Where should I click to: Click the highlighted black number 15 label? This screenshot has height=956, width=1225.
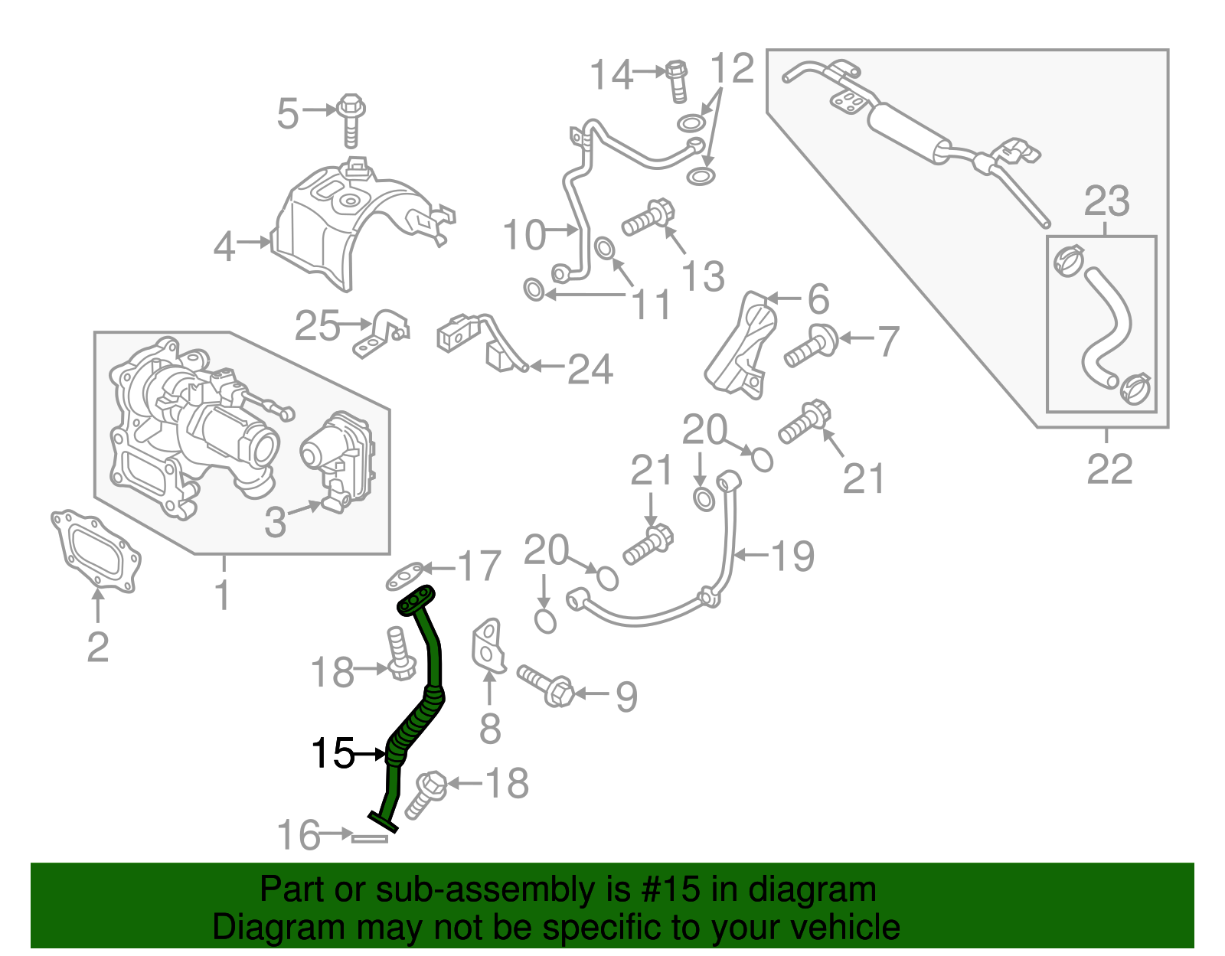(333, 754)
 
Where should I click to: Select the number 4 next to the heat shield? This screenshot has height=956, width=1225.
(224, 246)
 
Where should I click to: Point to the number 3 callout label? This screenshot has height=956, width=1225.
(275, 523)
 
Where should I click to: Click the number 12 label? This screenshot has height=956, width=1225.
(733, 69)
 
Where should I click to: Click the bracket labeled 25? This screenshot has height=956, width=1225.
(381, 334)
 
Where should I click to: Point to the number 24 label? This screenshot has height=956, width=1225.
(590, 370)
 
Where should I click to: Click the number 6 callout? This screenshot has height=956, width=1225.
(818, 299)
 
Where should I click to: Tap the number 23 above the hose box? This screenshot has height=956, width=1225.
(1106, 201)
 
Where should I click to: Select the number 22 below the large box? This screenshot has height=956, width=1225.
(1109, 469)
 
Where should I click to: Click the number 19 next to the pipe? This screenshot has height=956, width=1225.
(793, 556)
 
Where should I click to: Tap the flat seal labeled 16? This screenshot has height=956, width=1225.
(370, 838)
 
